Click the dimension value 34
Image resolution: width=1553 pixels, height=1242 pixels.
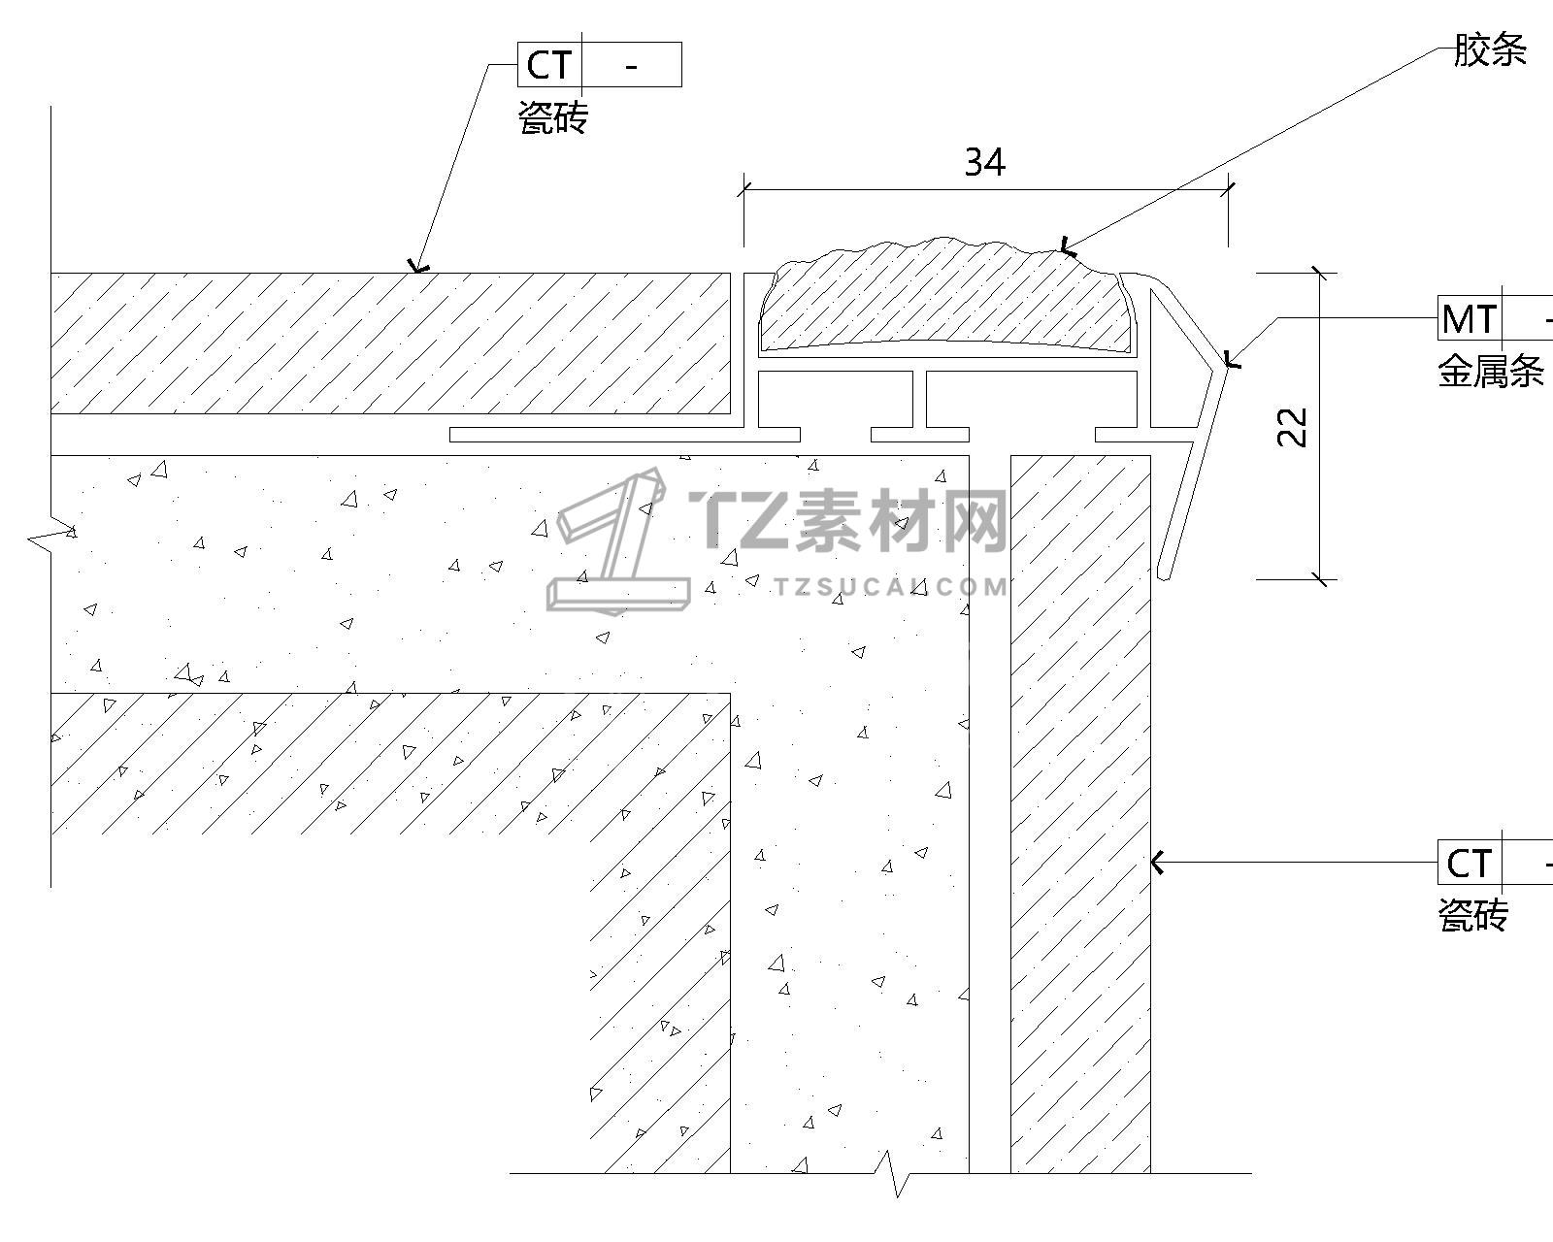pos(984,162)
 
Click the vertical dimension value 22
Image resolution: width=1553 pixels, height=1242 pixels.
pos(1293,427)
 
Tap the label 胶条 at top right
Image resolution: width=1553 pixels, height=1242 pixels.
pos(1489,50)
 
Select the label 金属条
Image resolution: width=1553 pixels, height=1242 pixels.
pos(1490,371)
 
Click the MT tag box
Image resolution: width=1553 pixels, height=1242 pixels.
pos(1470,318)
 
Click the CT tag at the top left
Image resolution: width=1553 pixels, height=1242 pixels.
pos(548,65)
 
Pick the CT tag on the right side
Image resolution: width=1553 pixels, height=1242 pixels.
pos(1469,863)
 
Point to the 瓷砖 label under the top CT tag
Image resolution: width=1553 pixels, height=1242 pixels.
pos(553,118)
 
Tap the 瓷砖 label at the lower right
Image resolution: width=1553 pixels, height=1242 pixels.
pos(1472,915)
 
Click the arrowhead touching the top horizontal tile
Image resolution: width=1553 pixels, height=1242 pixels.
pos(418,267)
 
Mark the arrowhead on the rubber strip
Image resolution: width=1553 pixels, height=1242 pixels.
pos(1067,248)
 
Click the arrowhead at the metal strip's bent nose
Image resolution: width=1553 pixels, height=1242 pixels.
pos(1230,360)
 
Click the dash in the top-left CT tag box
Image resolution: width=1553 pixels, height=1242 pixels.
pos(632,65)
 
